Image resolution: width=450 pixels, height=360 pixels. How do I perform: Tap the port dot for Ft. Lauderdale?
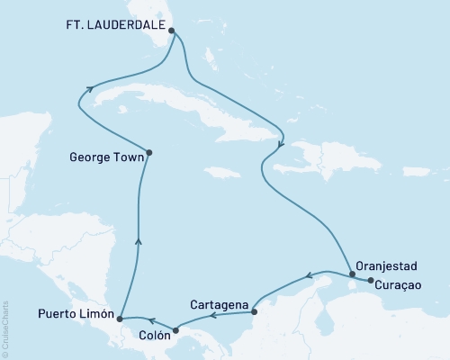coord(172,30)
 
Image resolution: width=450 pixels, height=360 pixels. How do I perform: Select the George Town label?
coord(104,155)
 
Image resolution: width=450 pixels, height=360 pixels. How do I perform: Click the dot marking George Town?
coord(148,152)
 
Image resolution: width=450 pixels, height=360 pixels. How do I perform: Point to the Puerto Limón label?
coord(75,315)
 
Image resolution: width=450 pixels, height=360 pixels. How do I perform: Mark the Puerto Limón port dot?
coord(120,319)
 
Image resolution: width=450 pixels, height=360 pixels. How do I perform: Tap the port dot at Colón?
coord(175,329)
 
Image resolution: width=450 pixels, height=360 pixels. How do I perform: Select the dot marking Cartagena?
coord(254,312)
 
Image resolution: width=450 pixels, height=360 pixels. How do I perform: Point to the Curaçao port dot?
coord(369,281)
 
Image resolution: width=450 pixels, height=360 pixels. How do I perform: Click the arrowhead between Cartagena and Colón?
coord(212,316)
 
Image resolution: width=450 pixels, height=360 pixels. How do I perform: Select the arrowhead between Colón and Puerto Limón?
coord(152,319)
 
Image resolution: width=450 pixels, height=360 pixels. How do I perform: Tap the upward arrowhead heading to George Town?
coord(137,238)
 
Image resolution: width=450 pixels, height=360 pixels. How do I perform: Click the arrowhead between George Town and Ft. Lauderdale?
coord(91,87)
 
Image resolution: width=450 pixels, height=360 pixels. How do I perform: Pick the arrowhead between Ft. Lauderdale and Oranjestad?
coord(282,143)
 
